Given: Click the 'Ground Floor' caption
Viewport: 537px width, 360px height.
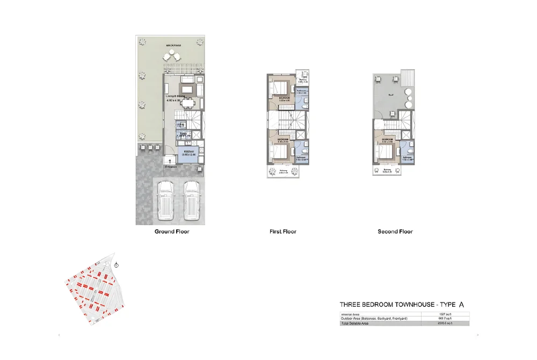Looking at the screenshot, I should (172, 232).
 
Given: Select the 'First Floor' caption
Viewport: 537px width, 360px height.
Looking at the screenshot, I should (282, 232).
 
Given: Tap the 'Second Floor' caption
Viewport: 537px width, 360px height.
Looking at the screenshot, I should (395, 232).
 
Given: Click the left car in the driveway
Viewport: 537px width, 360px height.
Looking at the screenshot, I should (165, 200).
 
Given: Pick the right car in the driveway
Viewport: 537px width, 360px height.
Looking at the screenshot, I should (191, 200).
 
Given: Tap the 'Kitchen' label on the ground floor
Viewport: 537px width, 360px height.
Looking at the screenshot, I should (188, 152).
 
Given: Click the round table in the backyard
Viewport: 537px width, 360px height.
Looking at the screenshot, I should (172, 55).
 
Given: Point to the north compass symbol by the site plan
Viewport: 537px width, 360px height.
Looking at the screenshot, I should (117, 264).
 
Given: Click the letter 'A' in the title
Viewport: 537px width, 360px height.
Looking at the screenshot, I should (461, 305).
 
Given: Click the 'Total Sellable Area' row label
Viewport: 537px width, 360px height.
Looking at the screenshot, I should (357, 323).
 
